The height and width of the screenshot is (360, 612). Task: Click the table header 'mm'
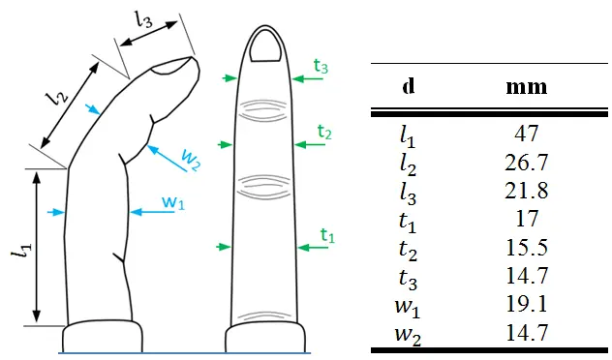[527, 86]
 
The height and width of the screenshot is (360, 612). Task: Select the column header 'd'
[409, 85]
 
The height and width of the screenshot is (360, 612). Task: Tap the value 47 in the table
[527, 134]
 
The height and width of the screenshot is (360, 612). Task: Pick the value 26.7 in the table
[527, 161]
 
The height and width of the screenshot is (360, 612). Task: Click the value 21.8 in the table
[527, 190]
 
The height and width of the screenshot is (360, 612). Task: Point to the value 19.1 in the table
[527, 304]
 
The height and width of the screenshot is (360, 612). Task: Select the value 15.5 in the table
[527, 247]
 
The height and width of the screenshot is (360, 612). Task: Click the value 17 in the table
[527, 219]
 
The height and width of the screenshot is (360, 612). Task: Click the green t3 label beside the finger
[321, 66]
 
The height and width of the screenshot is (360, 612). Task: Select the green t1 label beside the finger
[326, 235]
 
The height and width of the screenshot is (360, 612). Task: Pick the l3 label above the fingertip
[144, 18]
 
